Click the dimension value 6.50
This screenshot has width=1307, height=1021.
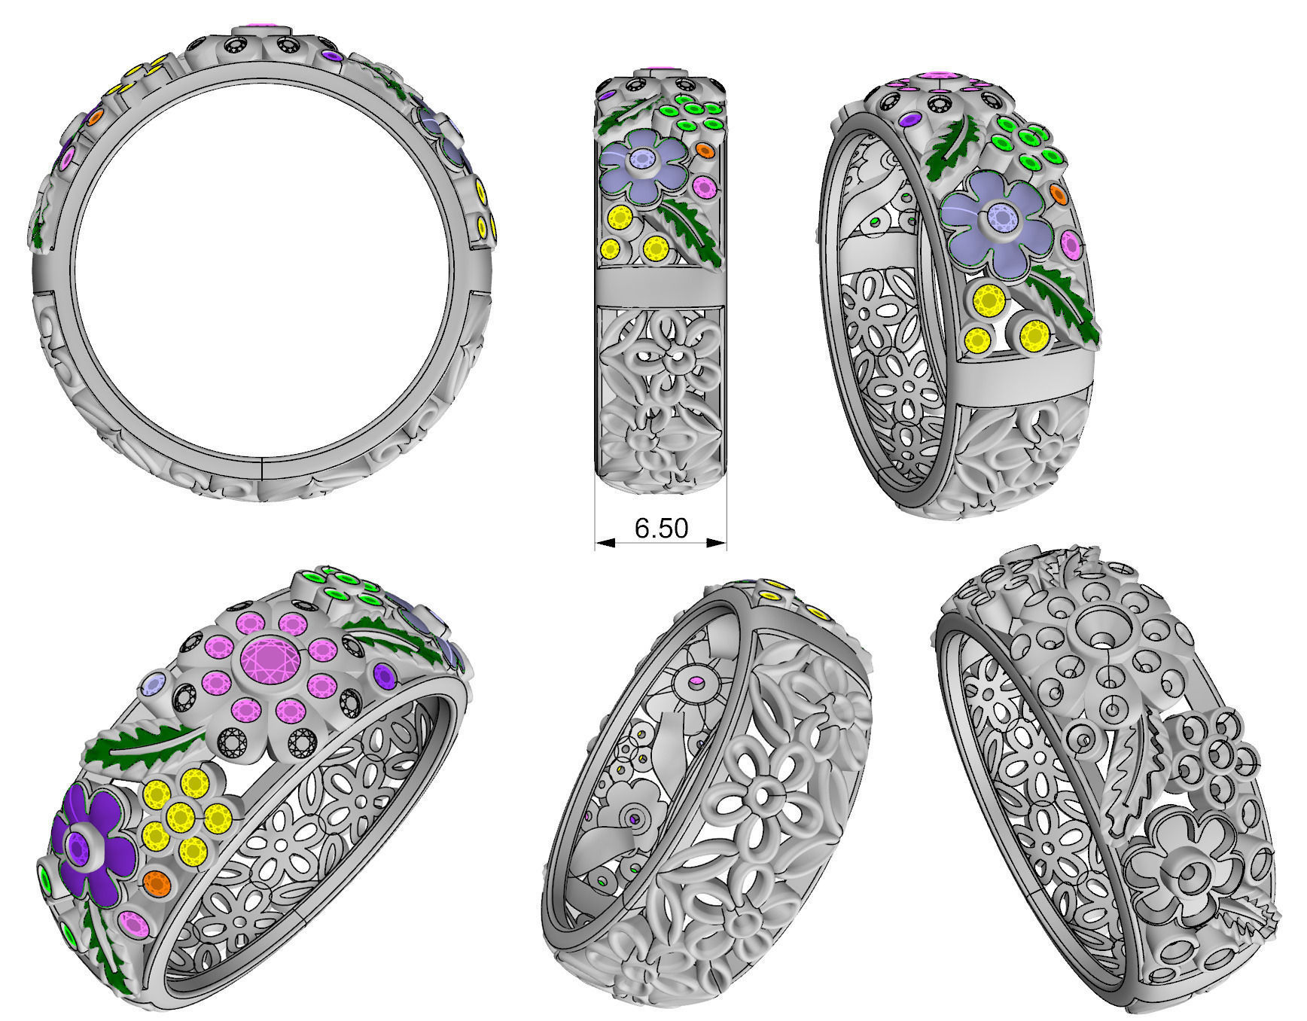pyautogui.click(x=661, y=529)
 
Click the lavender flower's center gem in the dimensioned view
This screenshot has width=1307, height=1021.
pyautogui.click(x=642, y=159)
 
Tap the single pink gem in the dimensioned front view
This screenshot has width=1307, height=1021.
pyautogui.click(x=705, y=186)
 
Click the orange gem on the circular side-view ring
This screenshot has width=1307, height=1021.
pyautogui.click(x=95, y=117)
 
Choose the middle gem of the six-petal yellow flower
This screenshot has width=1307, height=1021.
pyautogui.click(x=181, y=815)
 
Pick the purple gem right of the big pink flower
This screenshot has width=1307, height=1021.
pyautogui.click(x=385, y=675)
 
